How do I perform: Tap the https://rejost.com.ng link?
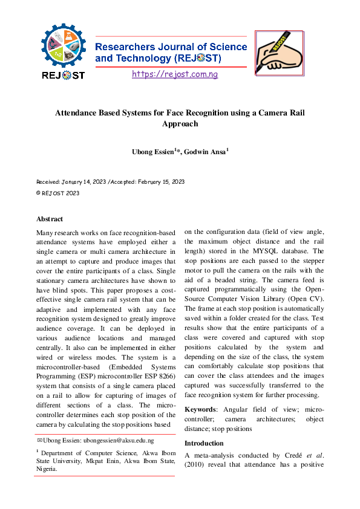click(174, 74)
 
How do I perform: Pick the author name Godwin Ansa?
click(205, 151)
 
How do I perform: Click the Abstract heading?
click(50, 219)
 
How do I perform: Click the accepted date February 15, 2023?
click(159, 181)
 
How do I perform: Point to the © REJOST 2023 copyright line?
click(57, 193)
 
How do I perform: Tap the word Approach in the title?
click(180, 124)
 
